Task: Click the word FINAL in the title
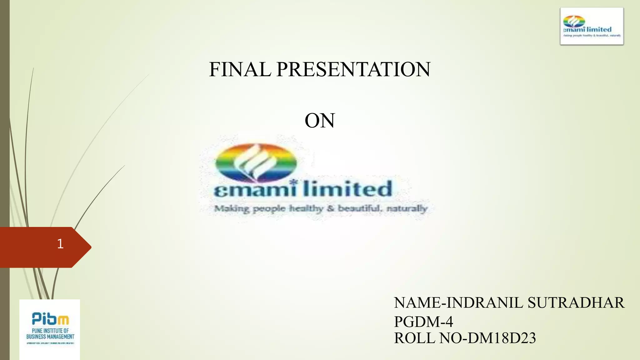pos(240,69)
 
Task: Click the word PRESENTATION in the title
pos(353,69)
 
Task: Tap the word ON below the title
pos(320,121)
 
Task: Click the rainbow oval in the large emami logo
pos(256,162)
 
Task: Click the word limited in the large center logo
pos(347,189)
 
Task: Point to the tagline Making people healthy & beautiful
pos(320,208)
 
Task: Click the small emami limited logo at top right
pos(592,27)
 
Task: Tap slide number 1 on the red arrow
pos(60,244)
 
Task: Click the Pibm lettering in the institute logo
pos(50,319)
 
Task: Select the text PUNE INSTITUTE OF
pos(50,331)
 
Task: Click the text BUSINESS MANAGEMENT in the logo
pos(50,337)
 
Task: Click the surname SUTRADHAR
pos(576,303)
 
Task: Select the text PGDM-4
pos(423,322)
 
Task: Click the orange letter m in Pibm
pos(64,320)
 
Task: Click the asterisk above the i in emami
pos(293,182)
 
